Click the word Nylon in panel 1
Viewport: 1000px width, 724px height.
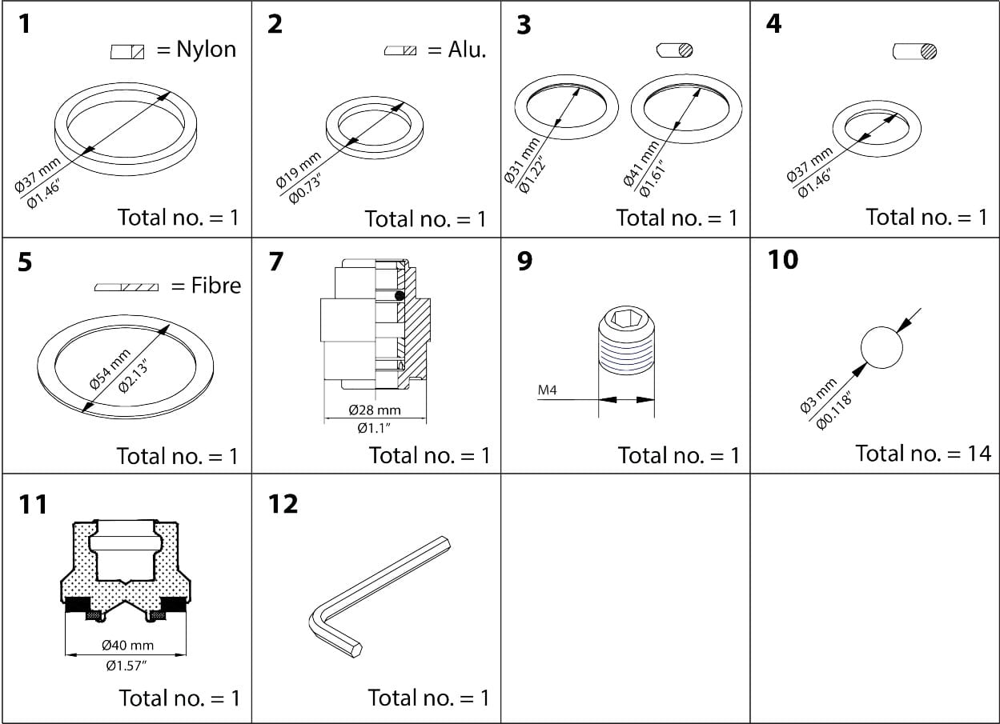(x=206, y=50)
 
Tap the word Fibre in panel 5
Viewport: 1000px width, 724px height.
(x=215, y=286)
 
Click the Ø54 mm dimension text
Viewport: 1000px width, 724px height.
(x=110, y=369)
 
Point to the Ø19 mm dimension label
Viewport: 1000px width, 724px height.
(x=298, y=169)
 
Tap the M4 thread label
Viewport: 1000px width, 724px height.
(x=548, y=391)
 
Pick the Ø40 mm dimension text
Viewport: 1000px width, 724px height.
(x=127, y=645)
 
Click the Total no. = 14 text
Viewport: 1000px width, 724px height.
(x=923, y=454)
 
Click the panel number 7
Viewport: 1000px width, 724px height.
(x=276, y=262)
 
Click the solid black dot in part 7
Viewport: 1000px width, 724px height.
(x=400, y=296)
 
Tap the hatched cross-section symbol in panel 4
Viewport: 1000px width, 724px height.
(x=928, y=52)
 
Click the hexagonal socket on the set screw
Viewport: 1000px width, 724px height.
(x=626, y=319)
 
